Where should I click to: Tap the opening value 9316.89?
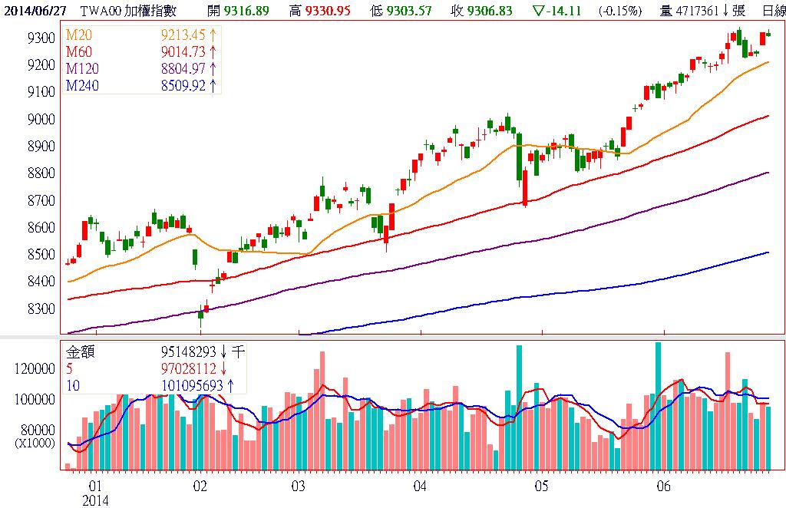(246, 9)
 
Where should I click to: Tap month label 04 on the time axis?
(420, 487)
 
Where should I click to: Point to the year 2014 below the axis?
(96, 500)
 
